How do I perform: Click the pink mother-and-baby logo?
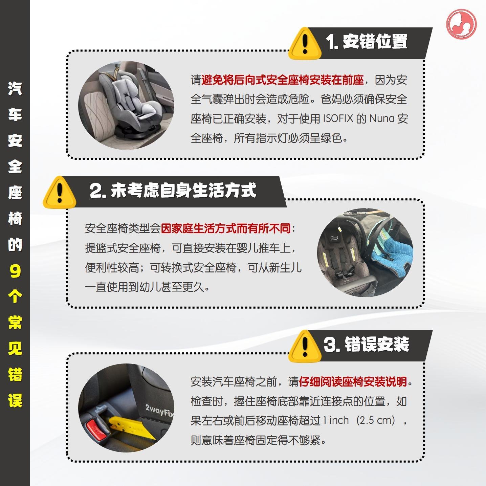coord(461,24)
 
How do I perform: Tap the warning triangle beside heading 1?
coord(305,44)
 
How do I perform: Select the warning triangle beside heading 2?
coord(60,193)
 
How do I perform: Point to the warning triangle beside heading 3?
coord(305,346)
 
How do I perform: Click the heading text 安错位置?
coord(375,41)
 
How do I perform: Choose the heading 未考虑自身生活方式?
coord(183,191)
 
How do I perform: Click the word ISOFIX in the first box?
coord(338,118)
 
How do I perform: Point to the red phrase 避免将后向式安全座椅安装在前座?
coord(283,80)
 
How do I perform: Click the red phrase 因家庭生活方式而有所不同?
coord(226,228)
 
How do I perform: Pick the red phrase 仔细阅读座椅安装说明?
coord(353,382)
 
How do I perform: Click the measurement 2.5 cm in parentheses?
coord(375,420)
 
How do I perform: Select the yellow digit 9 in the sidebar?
coord(15,271)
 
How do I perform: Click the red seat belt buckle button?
coord(96,428)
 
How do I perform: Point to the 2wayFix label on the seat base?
coord(159,411)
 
